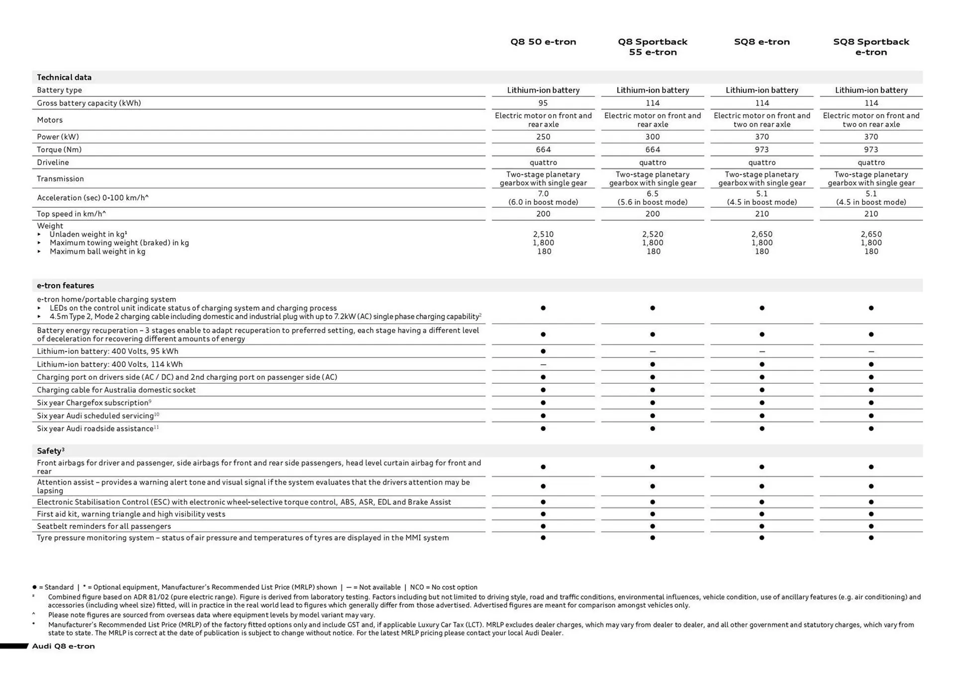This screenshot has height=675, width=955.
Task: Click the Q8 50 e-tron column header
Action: point(543,42)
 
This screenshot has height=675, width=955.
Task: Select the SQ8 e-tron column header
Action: point(762,42)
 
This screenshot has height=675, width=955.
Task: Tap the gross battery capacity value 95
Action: point(543,103)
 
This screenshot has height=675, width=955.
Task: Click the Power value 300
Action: point(652,137)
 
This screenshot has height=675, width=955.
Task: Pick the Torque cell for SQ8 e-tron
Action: point(762,150)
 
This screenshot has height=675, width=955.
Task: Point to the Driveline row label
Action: point(53,163)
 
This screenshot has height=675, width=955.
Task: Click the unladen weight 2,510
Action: point(543,234)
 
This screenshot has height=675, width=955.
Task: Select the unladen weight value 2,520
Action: point(652,234)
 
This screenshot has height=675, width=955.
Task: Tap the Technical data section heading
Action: point(64,77)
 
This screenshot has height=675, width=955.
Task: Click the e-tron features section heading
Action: point(65,285)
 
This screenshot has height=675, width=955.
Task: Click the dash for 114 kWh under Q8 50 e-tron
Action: point(543,364)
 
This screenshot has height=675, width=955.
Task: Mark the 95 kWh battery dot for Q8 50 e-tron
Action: point(543,351)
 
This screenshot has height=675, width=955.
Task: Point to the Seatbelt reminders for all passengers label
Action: point(103,526)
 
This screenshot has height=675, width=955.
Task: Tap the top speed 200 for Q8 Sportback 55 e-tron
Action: point(652,214)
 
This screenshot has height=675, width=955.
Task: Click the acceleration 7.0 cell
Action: point(543,194)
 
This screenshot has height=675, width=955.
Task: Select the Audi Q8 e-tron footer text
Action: point(63,646)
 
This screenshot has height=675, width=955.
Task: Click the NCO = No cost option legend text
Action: point(443,587)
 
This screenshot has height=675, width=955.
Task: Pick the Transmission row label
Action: point(60,178)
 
